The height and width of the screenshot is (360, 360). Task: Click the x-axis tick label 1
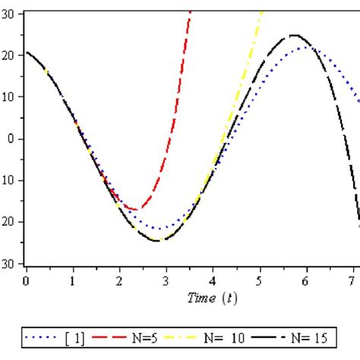(x=73, y=281)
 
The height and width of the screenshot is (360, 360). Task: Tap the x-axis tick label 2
(x=119, y=281)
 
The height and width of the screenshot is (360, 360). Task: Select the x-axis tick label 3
(x=166, y=281)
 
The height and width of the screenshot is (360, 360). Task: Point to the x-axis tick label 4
(x=213, y=281)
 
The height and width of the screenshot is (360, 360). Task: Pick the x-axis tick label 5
(x=259, y=281)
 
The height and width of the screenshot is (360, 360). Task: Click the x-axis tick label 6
(x=305, y=281)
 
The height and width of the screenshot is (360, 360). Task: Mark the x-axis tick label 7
(x=352, y=281)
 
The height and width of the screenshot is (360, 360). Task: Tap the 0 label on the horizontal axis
(x=27, y=281)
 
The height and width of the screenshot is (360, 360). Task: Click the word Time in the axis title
(x=201, y=298)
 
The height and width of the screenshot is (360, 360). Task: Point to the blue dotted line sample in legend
(x=39, y=335)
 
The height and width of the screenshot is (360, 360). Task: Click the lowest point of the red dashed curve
(x=135, y=209)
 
